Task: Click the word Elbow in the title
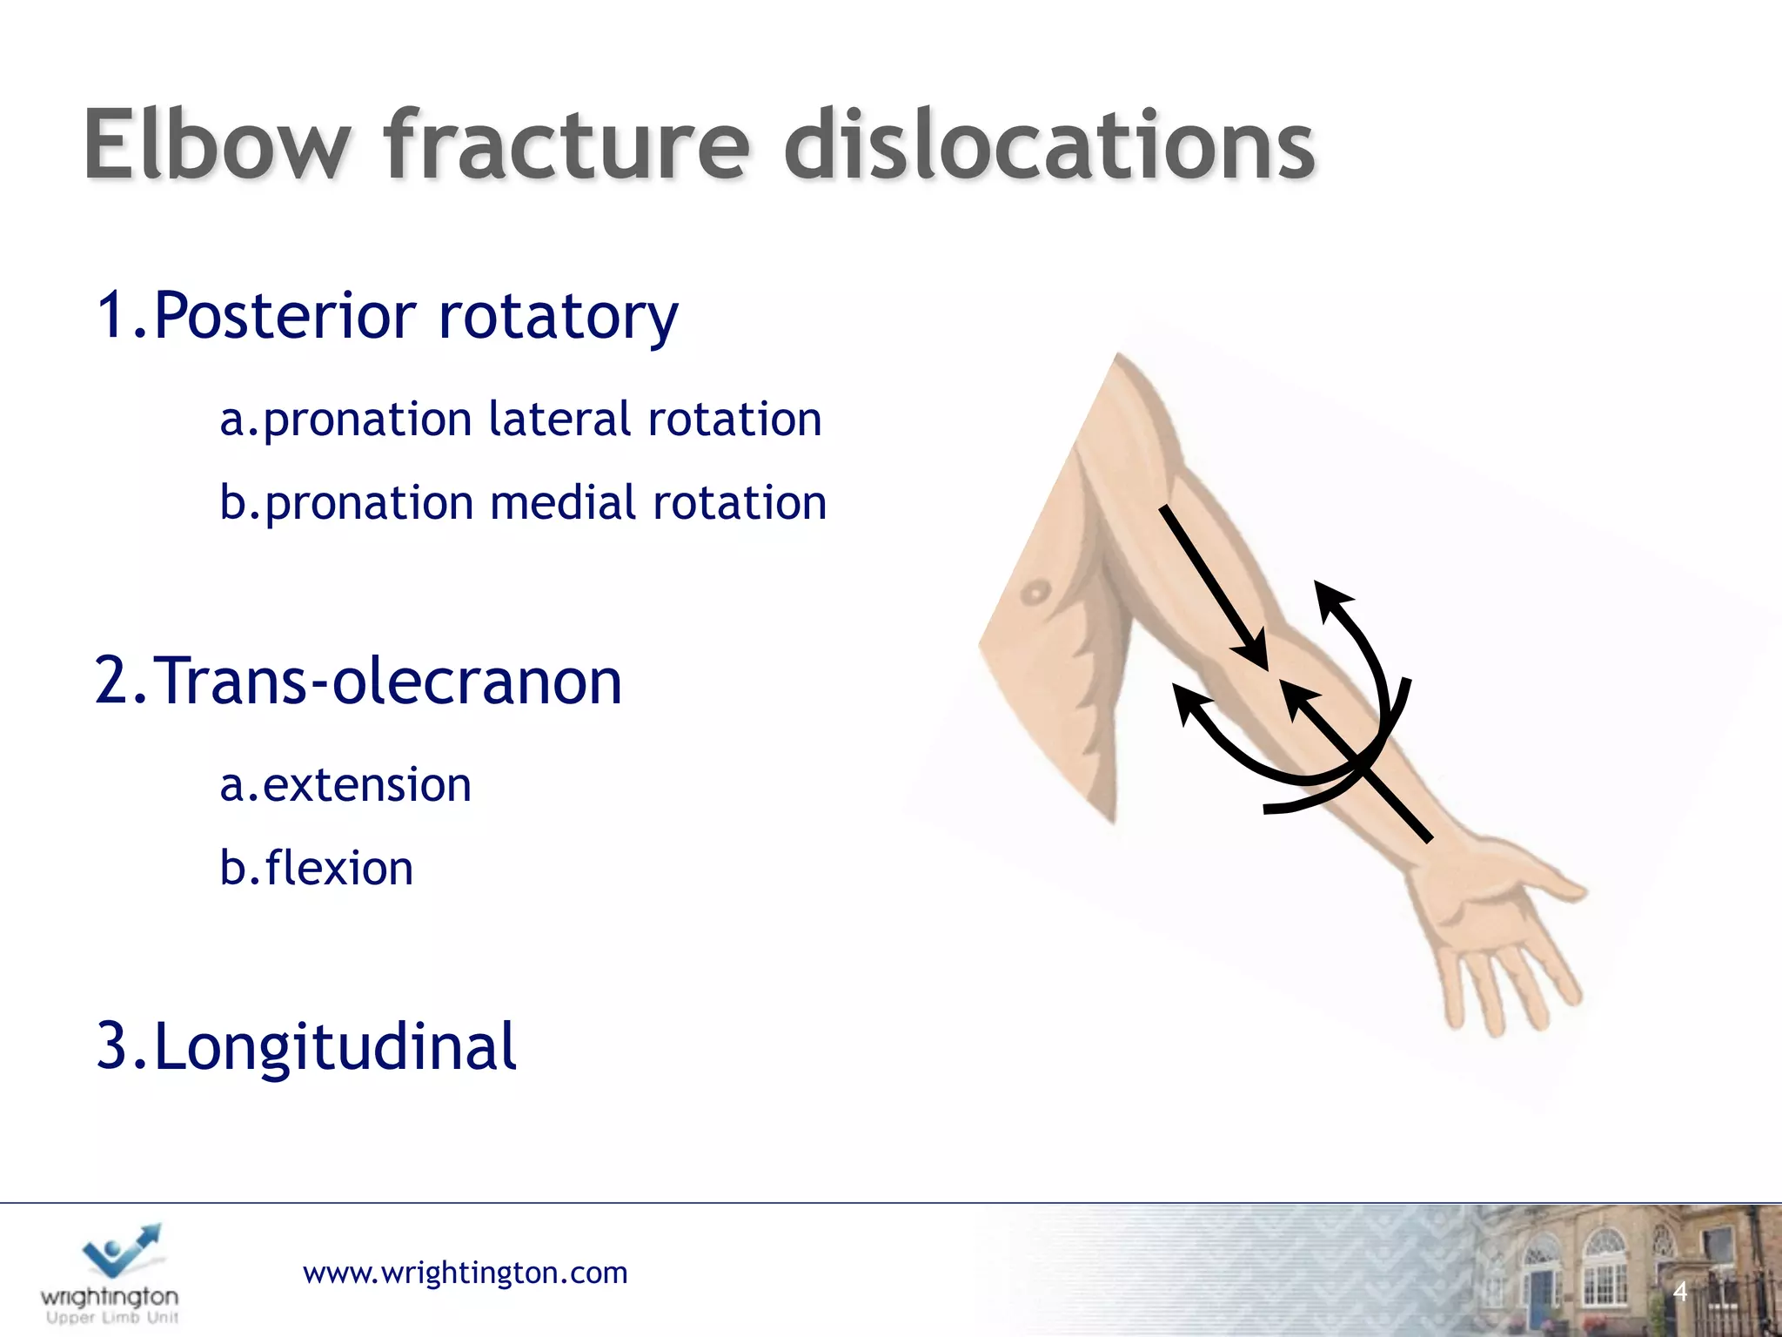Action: pyautogui.click(x=218, y=145)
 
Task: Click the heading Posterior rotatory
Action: pyautogui.click(x=387, y=315)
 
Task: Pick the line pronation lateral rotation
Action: pyautogui.click(x=520, y=420)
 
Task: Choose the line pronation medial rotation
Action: pyautogui.click(x=522, y=503)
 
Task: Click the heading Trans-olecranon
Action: pyautogui.click(x=358, y=681)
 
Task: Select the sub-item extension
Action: pyautogui.click(x=345, y=785)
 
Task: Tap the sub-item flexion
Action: pyautogui.click(x=317, y=869)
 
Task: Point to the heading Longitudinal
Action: pyautogui.click(x=306, y=1046)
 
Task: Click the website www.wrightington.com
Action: pyautogui.click(x=465, y=1273)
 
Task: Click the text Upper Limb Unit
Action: pyautogui.click(x=111, y=1318)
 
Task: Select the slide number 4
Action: pyautogui.click(x=1680, y=1292)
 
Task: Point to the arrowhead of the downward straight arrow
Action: pyautogui.click(x=1254, y=656)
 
